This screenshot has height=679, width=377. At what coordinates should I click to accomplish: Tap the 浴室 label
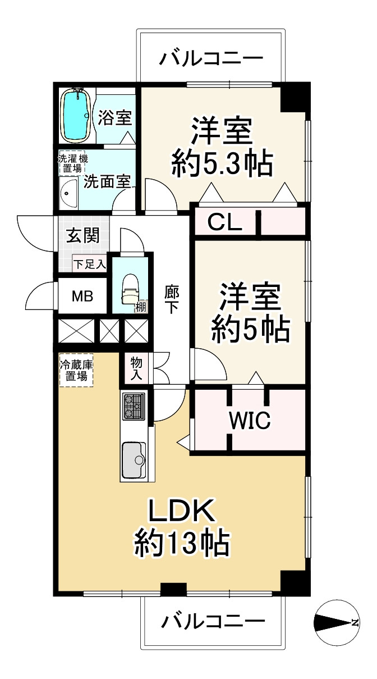click(x=115, y=118)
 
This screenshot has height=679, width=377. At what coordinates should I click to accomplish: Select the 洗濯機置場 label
click(x=73, y=162)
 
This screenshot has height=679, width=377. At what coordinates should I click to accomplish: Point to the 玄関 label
click(x=84, y=235)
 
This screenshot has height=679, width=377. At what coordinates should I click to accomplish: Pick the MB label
click(x=82, y=296)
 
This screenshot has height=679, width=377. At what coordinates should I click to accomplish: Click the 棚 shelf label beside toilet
click(x=140, y=306)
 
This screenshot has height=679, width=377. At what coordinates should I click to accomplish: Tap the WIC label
click(x=249, y=418)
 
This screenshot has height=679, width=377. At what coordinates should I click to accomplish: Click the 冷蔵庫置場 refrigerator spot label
click(x=76, y=370)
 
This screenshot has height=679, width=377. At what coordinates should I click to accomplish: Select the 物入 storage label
click(x=136, y=368)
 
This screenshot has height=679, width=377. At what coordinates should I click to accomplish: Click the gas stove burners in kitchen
click(x=134, y=405)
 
